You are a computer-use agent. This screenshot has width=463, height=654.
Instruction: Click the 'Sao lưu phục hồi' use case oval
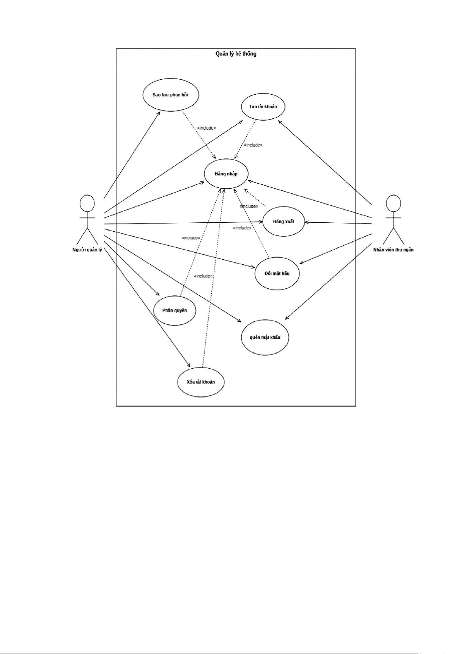point(170,95)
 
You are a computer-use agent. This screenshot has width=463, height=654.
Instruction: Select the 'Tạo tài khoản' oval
point(263,107)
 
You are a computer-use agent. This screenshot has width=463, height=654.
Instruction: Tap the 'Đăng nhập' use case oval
point(226,174)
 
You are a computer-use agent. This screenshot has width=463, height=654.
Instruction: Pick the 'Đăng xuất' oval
point(284,222)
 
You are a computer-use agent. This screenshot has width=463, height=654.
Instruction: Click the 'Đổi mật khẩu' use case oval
point(277,273)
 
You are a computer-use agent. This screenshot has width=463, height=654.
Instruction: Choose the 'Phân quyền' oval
point(174,311)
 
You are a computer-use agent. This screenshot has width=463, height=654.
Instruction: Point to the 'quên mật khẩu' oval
point(265,337)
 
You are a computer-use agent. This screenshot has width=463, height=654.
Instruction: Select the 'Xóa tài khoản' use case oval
point(200,382)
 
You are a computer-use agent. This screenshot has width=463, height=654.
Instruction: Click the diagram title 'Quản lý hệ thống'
point(236,54)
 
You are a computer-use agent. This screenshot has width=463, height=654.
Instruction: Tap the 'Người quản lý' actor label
point(87,250)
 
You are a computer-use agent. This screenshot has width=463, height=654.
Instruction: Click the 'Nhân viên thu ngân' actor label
point(393,250)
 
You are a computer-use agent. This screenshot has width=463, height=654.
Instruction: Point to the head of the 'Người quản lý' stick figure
point(87,203)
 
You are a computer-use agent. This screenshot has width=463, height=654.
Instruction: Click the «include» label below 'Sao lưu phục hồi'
point(206,128)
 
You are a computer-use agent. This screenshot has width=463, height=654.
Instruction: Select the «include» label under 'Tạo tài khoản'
point(253,145)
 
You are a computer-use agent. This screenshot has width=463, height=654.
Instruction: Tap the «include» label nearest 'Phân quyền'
point(191,238)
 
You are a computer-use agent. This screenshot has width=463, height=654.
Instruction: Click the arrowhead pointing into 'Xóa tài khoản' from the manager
point(189,366)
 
